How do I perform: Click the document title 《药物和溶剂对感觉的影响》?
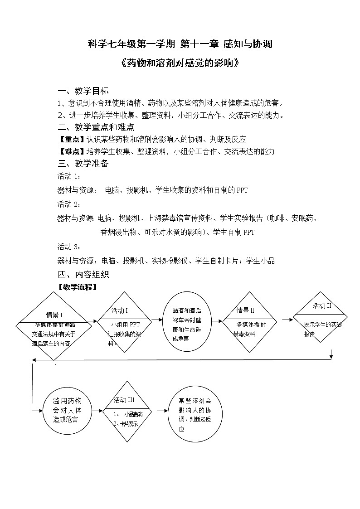[180, 63]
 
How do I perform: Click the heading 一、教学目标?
[83, 91]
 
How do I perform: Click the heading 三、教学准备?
[83, 164]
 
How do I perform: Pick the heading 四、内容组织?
[83, 275]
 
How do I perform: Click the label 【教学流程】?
[77, 287]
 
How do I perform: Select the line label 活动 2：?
[69, 204]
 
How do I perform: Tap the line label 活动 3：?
[69, 247]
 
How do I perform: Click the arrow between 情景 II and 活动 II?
[287, 320]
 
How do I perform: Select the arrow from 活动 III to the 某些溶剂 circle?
[161, 412]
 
